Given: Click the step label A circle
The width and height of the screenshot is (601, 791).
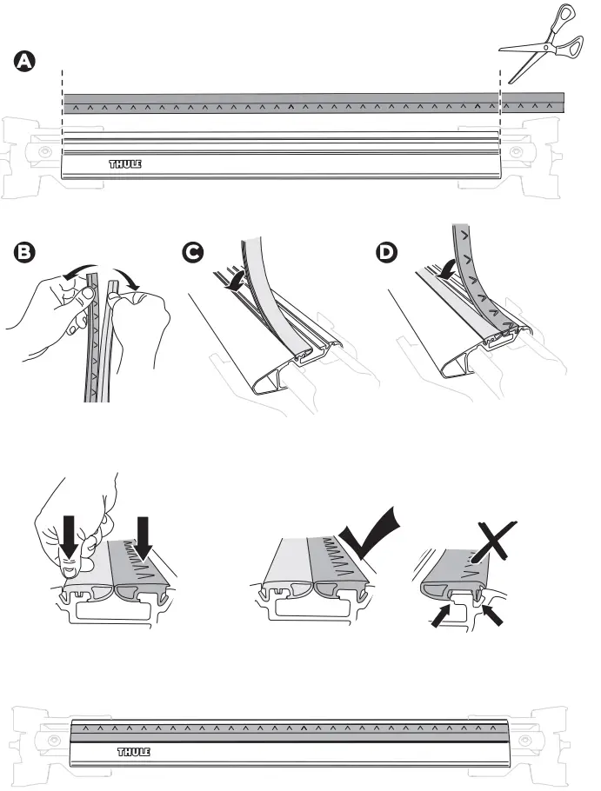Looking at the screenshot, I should [25, 62].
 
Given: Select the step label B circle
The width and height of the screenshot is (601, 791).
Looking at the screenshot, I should [25, 253].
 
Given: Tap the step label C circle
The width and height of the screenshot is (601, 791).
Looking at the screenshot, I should [195, 253].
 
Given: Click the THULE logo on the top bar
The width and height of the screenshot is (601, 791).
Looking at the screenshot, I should [124, 163].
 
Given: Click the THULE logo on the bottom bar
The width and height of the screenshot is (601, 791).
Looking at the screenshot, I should [133, 752].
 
